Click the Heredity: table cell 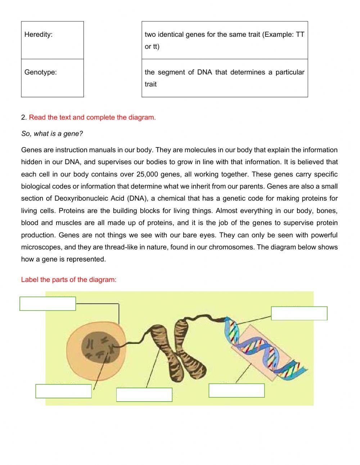(52, 40)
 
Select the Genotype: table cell (52, 78)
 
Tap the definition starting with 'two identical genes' (224, 40)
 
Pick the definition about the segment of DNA (224, 78)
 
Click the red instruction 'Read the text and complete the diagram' (92, 117)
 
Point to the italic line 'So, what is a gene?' (52, 134)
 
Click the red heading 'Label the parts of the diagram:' (69, 280)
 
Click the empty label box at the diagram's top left (48, 304)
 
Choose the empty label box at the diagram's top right (299, 313)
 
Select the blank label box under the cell (63, 391)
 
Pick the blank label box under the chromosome (144, 394)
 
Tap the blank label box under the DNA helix (237, 390)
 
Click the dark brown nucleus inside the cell (97, 348)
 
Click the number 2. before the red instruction (24, 117)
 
